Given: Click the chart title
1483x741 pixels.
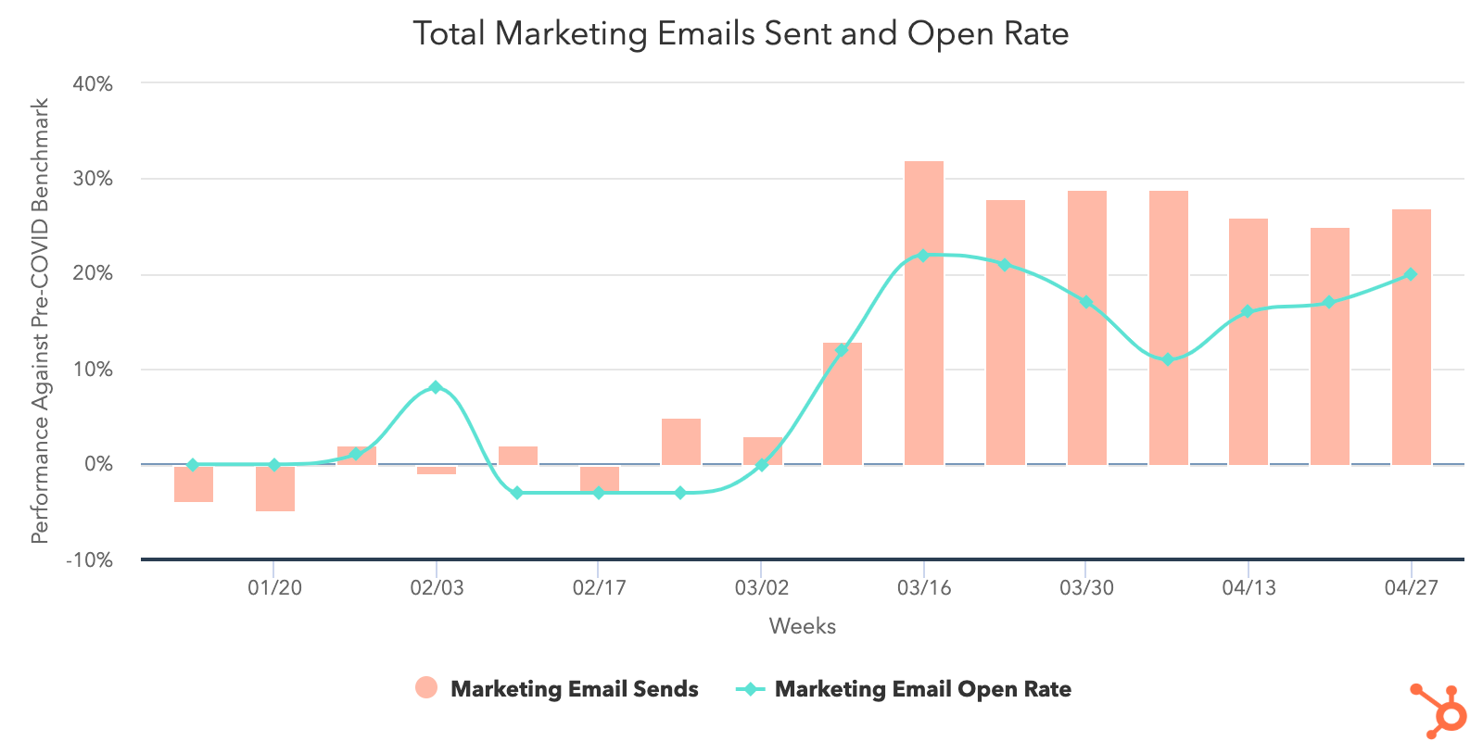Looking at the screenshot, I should pyautogui.click(x=741, y=34).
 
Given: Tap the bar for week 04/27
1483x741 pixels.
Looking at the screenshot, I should pyautogui.click(x=1411, y=337).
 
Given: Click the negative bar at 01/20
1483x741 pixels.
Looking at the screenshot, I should pyautogui.click(x=275, y=488).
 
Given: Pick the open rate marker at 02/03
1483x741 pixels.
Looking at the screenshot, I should pyautogui.click(x=436, y=387).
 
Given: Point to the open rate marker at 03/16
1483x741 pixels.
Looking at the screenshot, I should pyautogui.click(x=923, y=256).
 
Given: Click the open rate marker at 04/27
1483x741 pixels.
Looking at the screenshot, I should pyautogui.click(x=1411, y=274).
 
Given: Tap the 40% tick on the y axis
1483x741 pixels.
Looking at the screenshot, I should pyautogui.click(x=93, y=84).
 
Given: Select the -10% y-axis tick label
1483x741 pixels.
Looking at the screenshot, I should pyautogui.click(x=90, y=560).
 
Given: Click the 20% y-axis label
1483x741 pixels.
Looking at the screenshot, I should pyautogui.click(x=93, y=274).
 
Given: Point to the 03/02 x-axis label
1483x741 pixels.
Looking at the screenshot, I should pyautogui.click(x=761, y=588).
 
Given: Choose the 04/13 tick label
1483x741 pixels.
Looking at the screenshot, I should pyautogui.click(x=1249, y=588).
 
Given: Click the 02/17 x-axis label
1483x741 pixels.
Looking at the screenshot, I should pyautogui.click(x=599, y=588).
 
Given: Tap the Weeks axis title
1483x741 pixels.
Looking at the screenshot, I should pyautogui.click(x=802, y=627).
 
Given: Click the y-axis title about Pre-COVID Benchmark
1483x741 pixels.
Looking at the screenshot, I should pyautogui.click(x=40, y=320).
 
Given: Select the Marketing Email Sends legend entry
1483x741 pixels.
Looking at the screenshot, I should pyautogui.click(x=557, y=689).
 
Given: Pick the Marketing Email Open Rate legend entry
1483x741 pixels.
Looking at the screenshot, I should pyautogui.click(x=904, y=689).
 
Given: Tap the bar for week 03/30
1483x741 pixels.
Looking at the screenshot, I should pyautogui.click(x=1086, y=328).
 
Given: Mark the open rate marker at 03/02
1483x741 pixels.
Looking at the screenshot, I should pyautogui.click(x=762, y=465).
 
